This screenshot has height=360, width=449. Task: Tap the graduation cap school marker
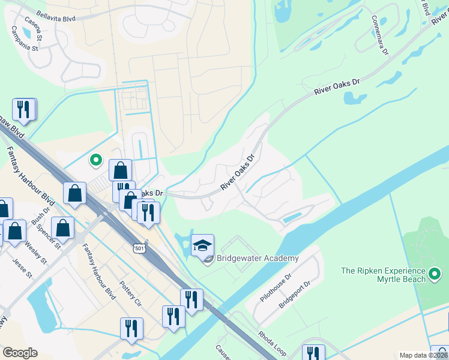click(x=202, y=245)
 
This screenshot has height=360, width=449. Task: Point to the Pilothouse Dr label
click(x=276, y=289)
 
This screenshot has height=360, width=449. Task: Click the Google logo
click(x=20, y=352)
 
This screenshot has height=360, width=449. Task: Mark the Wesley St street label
click(x=35, y=253)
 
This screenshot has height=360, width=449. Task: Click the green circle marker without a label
click(x=95, y=160)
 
